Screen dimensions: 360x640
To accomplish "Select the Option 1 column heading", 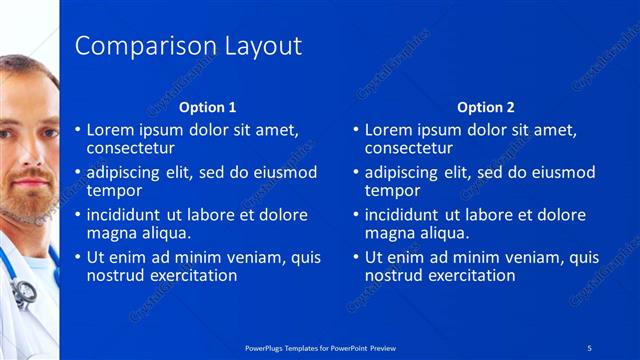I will [207, 107].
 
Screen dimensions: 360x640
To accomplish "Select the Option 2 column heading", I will [485, 107].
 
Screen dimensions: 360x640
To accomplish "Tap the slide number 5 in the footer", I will [590, 346].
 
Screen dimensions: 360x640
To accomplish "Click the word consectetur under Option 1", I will [132, 148].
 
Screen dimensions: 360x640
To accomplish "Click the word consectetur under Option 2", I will [410, 148].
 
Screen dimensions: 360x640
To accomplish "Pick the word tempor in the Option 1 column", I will [115, 190].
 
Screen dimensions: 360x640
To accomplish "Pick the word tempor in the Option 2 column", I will [393, 190].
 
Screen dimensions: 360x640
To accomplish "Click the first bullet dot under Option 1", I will [78, 130].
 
